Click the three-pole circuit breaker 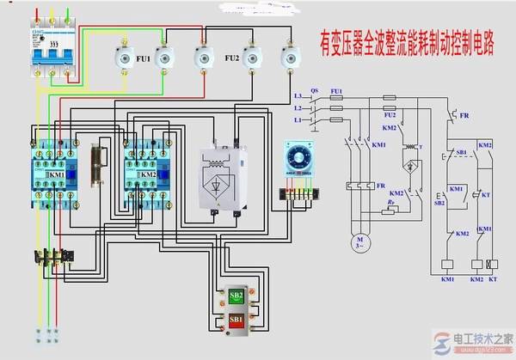click(48, 57)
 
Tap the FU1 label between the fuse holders click(142, 59)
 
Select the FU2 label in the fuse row click(230, 59)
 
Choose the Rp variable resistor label click(392, 204)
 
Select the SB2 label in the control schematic click(440, 203)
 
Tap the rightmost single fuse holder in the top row click(289, 57)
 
